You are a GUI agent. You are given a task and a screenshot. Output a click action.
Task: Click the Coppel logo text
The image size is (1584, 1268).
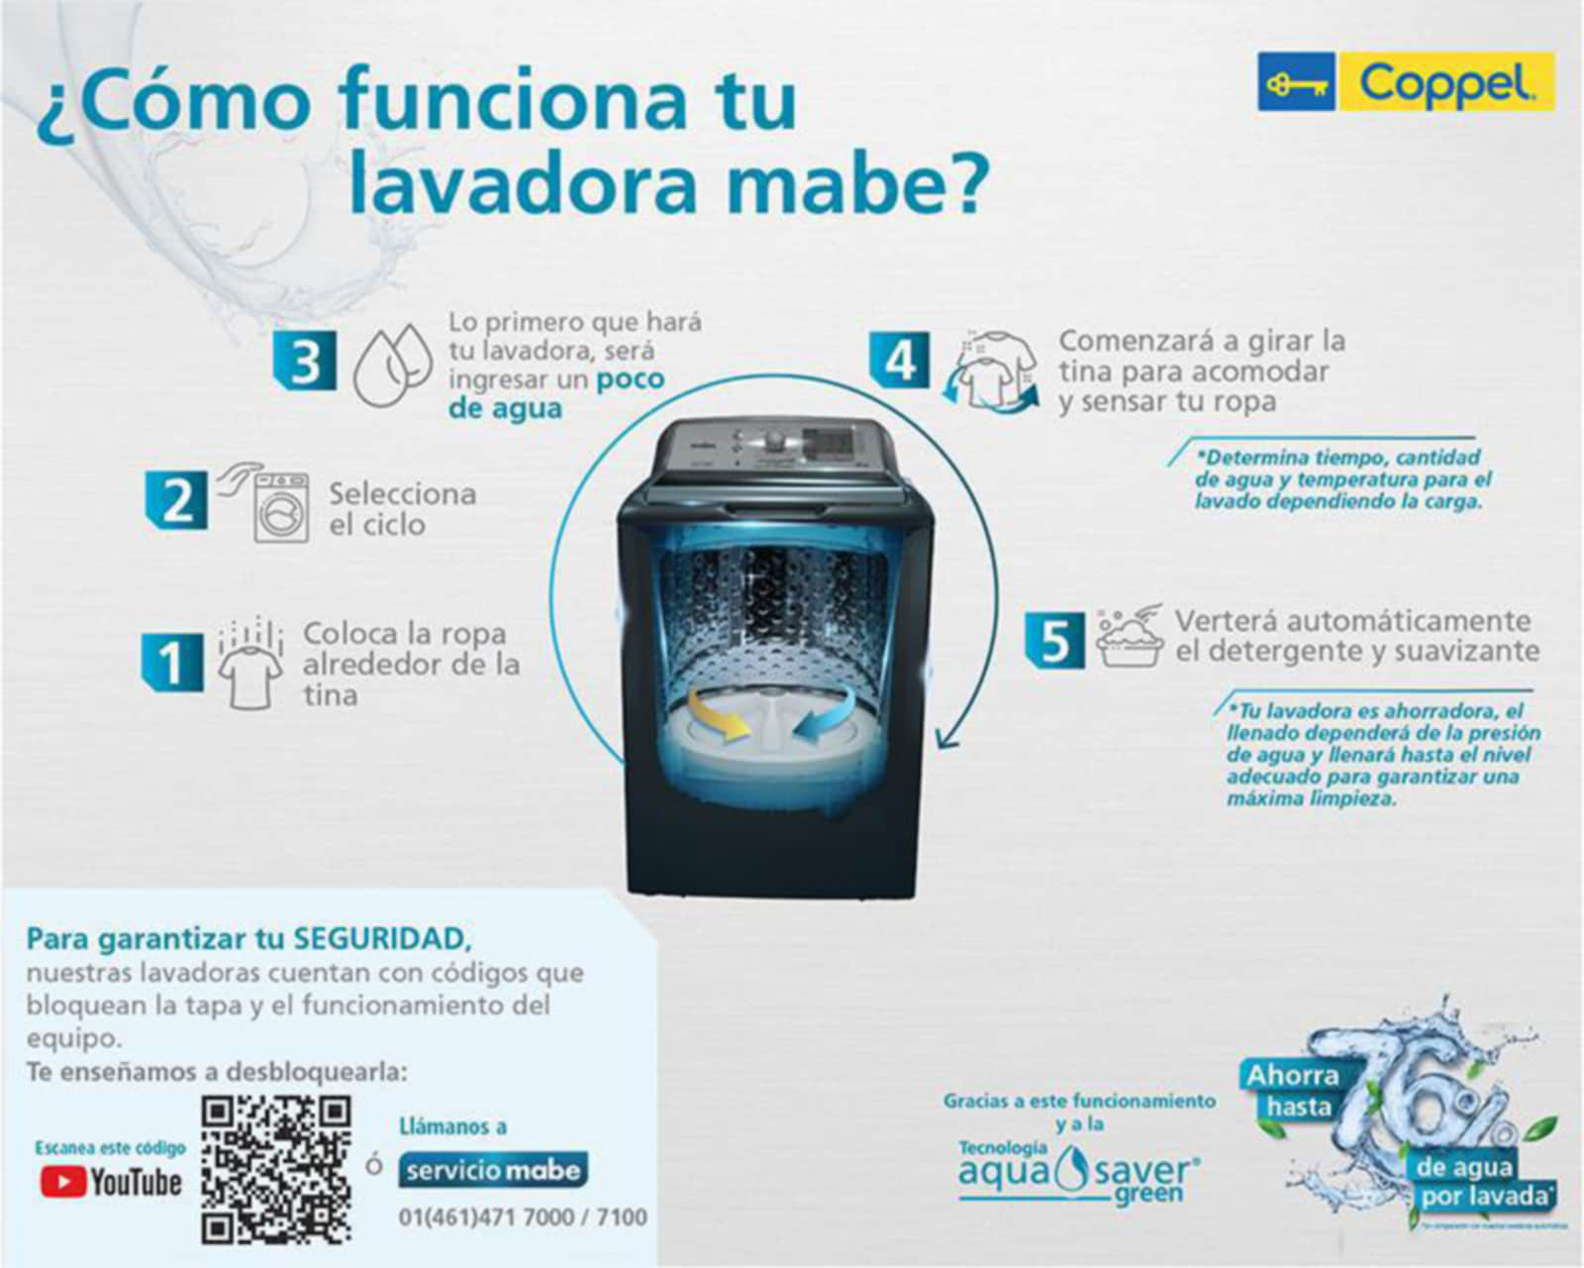tap(1445, 83)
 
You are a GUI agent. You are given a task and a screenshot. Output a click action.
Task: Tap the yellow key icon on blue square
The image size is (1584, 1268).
tap(1296, 82)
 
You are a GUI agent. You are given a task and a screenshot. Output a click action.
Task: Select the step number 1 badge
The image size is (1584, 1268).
tap(172, 662)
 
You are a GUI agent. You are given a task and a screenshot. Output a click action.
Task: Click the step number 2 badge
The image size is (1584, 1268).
tap(177, 500)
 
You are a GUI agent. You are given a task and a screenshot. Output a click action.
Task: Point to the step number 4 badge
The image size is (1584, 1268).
tap(900, 361)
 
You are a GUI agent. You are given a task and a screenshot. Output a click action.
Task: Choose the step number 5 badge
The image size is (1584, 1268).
tap(1054, 640)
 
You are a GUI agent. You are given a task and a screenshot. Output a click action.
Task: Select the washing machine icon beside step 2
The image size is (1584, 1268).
tap(280, 506)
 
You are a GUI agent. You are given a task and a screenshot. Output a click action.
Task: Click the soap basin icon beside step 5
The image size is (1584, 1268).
tap(1130, 639)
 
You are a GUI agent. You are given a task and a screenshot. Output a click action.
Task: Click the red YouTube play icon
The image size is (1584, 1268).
tap(62, 1181)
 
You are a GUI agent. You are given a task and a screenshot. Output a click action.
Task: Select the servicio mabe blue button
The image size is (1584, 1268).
tap(493, 1170)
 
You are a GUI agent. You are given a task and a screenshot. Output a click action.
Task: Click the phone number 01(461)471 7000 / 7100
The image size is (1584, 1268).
tap(523, 1216)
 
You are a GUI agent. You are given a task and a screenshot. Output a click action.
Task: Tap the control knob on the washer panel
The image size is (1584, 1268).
tap(775, 439)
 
